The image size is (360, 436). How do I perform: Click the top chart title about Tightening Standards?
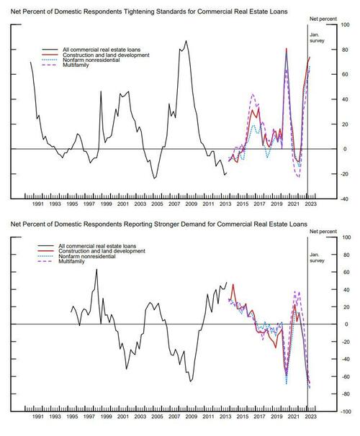149,12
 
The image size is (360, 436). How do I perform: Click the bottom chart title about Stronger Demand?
159,224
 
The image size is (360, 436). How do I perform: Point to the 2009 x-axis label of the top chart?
191,204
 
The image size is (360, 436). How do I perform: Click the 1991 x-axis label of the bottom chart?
38,417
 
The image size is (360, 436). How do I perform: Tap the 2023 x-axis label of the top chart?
310,204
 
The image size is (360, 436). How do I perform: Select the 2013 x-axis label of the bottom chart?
225,417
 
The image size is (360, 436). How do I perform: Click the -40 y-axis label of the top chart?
345,199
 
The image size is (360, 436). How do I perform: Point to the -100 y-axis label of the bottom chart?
345,412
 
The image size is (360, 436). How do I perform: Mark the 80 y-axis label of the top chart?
345,50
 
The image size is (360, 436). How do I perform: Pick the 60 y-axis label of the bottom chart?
345,272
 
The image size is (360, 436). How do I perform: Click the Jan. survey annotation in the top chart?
317,38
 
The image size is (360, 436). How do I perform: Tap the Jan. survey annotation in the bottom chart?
317,258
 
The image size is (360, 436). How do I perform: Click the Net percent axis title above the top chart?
323,19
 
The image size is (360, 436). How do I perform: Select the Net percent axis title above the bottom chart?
323,232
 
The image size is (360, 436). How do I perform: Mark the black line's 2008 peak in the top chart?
186,41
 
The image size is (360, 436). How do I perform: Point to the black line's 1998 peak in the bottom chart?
96,269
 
